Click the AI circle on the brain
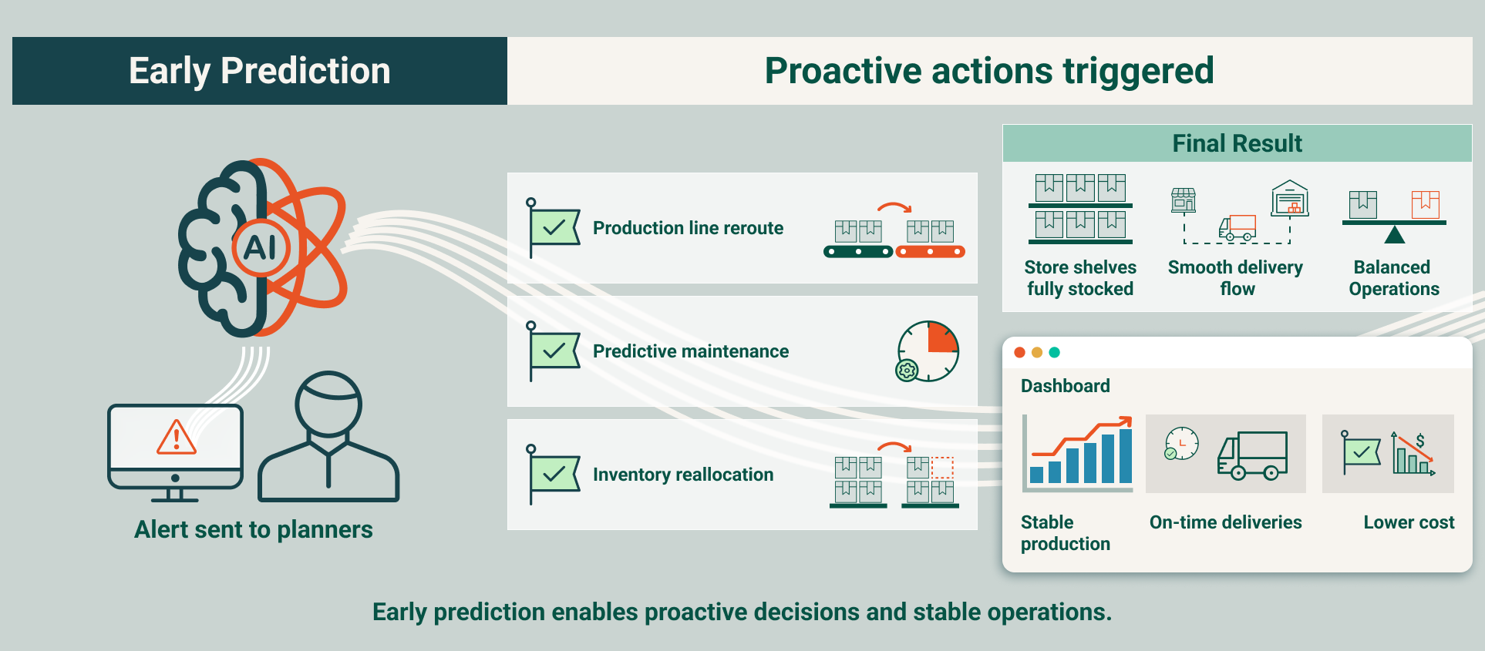click(261, 248)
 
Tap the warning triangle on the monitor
click(177, 438)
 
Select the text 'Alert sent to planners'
click(253, 530)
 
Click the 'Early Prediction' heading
click(259, 71)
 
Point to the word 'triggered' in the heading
click(1138, 71)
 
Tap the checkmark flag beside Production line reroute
click(554, 228)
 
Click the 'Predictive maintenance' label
click(690, 351)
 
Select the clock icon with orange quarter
click(928, 351)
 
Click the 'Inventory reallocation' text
click(682, 475)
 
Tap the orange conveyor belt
click(931, 252)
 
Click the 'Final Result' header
click(1237, 143)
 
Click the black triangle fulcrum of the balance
click(1394, 234)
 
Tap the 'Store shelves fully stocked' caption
click(1079, 278)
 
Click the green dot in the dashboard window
click(1054, 352)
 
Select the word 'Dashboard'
click(1065, 386)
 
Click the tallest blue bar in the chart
click(1125, 455)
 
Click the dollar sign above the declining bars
click(1419, 440)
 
